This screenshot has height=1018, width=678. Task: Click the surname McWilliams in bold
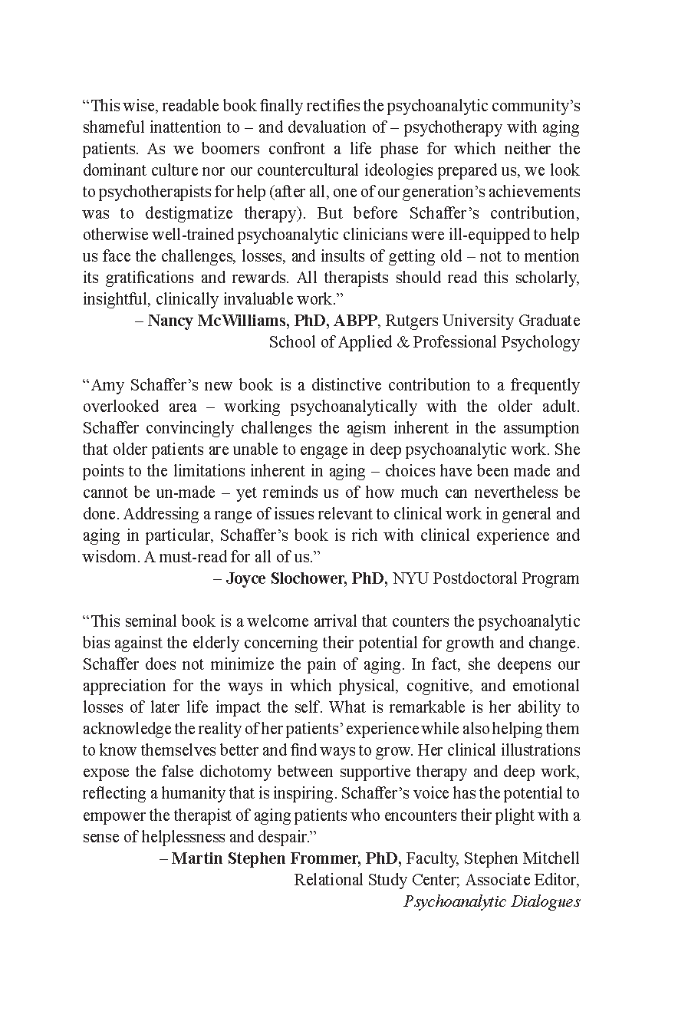[240, 321]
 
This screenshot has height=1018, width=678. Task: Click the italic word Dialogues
[545, 901]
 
